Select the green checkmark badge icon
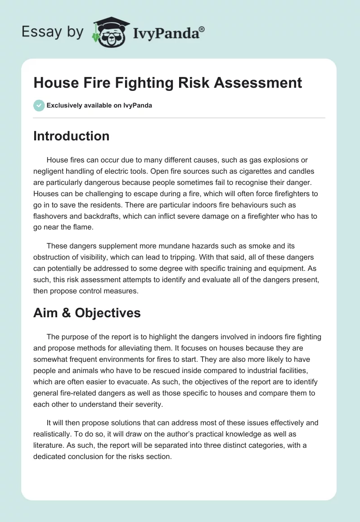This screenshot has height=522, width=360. point(39,105)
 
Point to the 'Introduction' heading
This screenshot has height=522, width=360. point(71,136)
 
